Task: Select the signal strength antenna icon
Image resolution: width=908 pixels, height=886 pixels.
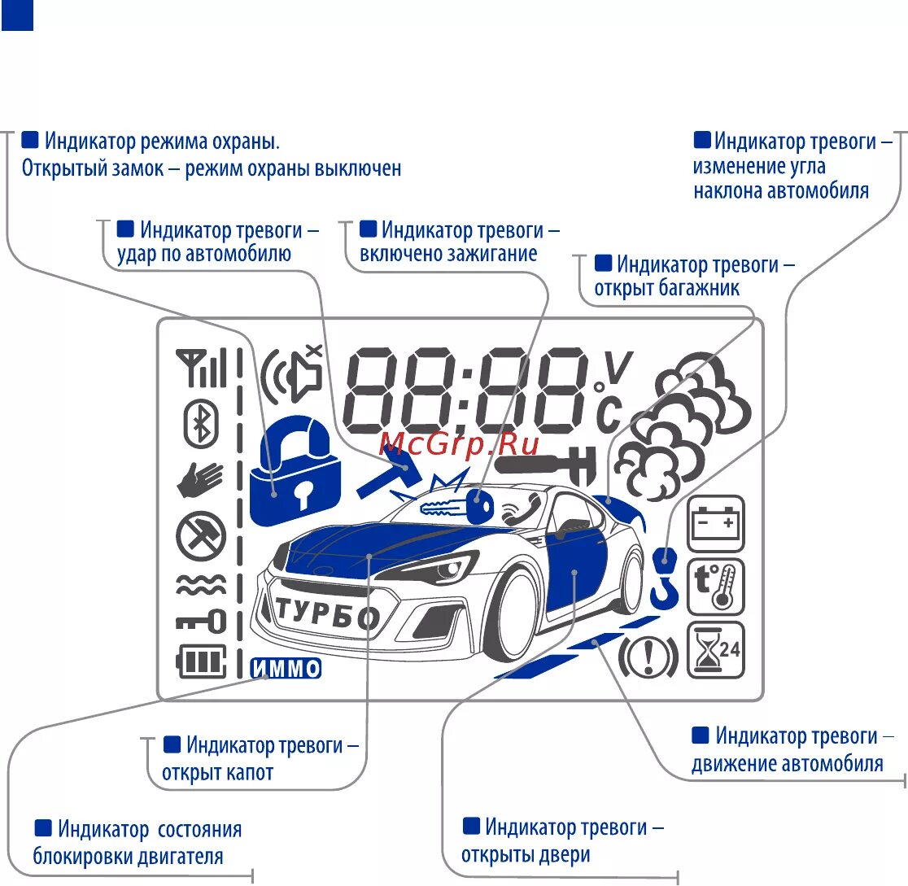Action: [x=200, y=369]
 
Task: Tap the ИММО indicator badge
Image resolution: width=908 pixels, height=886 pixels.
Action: [x=286, y=669]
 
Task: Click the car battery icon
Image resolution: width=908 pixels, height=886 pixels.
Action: [x=716, y=523]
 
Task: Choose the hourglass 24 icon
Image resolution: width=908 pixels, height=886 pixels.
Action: [x=716, y=650]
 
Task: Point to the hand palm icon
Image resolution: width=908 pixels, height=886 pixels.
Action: [x=199, y=480]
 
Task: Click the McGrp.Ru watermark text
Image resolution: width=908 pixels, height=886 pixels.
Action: [x=460, y=443]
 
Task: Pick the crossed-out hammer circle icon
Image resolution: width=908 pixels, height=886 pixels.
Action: [x=200, y=537]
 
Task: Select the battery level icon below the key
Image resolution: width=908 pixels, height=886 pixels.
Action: [x=201, y=661]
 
